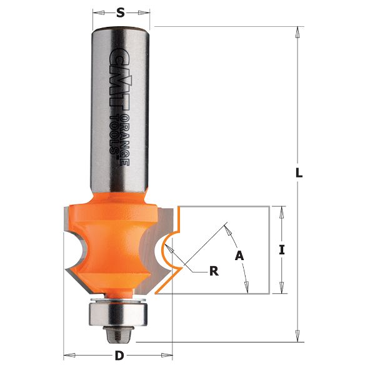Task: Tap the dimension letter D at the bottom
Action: pos(119,357)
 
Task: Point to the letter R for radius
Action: pos(213,271)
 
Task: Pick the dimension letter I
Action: pos(282,250)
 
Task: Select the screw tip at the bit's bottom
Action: pos(117,334)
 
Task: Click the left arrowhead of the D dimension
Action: pos(68,357)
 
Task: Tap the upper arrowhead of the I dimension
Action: pos(282,211)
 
